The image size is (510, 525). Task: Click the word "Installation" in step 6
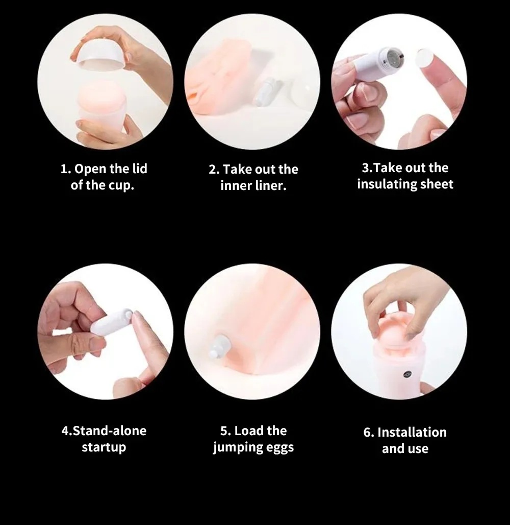(x=412, y=432)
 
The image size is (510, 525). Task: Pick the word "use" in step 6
(x=419, y=449)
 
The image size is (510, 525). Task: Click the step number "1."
(x=66, y=169)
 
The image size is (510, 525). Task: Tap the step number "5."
(x=225, y=431)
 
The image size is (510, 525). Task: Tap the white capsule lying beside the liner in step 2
(x=264, y=91)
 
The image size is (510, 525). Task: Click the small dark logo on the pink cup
(x=407, y=374)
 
